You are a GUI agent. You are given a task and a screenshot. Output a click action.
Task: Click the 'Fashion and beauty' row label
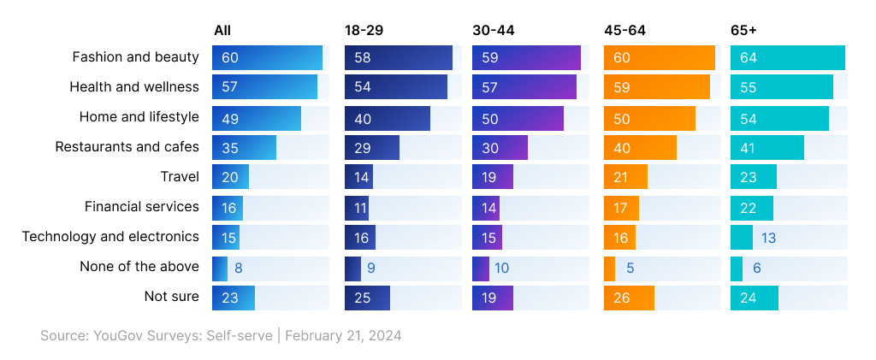coord(135,57)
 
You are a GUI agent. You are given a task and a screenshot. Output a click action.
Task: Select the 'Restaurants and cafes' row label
coord(127,146)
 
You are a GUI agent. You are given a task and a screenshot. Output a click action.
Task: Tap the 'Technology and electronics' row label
coord(110,236)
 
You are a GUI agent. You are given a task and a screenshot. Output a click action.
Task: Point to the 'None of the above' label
coord(139,266)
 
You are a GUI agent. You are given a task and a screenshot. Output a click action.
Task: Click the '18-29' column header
coord(364,30)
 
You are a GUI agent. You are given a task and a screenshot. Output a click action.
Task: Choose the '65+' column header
coord(743,30)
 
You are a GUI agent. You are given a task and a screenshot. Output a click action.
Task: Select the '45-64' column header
coord(624,30)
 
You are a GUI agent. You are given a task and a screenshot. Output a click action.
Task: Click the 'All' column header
coord(222,30)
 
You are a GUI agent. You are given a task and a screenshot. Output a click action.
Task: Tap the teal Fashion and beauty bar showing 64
coord(787,57)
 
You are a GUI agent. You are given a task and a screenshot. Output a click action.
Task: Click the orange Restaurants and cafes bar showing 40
coord(640,147)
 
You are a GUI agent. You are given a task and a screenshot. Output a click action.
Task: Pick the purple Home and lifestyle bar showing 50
coord(518,117)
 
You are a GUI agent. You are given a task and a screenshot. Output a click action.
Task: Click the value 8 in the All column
coord(238,268)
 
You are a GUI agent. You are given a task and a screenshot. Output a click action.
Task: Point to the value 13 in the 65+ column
coord(768,238)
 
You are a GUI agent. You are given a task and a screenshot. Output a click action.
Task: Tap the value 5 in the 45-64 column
coord(630,268)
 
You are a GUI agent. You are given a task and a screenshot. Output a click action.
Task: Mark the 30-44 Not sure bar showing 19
coord(492,298)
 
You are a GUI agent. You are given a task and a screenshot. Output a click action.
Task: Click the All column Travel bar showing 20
coord(230,177)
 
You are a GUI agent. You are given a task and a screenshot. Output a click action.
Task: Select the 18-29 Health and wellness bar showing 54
coord(395,87)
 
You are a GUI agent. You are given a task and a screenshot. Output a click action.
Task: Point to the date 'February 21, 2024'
coord(343,336)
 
